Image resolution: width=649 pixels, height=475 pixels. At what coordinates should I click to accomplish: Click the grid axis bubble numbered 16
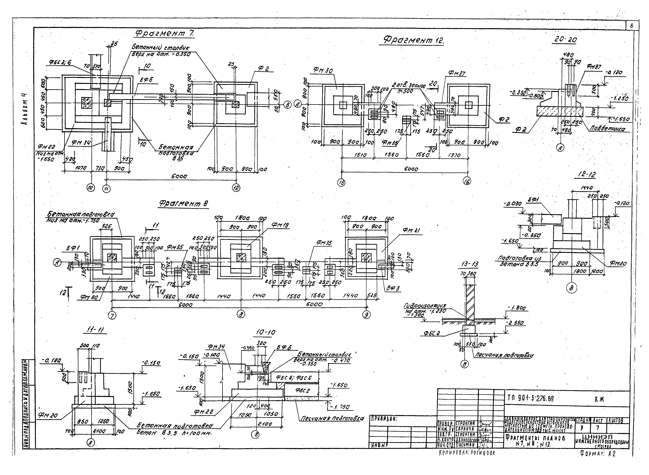[x=467, y=181]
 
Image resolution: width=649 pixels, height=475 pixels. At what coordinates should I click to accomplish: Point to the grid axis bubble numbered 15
[x=341, y=183]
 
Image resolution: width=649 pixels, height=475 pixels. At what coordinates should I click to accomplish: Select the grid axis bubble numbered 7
[x=112, y=315]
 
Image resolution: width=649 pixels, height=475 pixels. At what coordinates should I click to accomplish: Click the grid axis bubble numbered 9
[x=366, y=315]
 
